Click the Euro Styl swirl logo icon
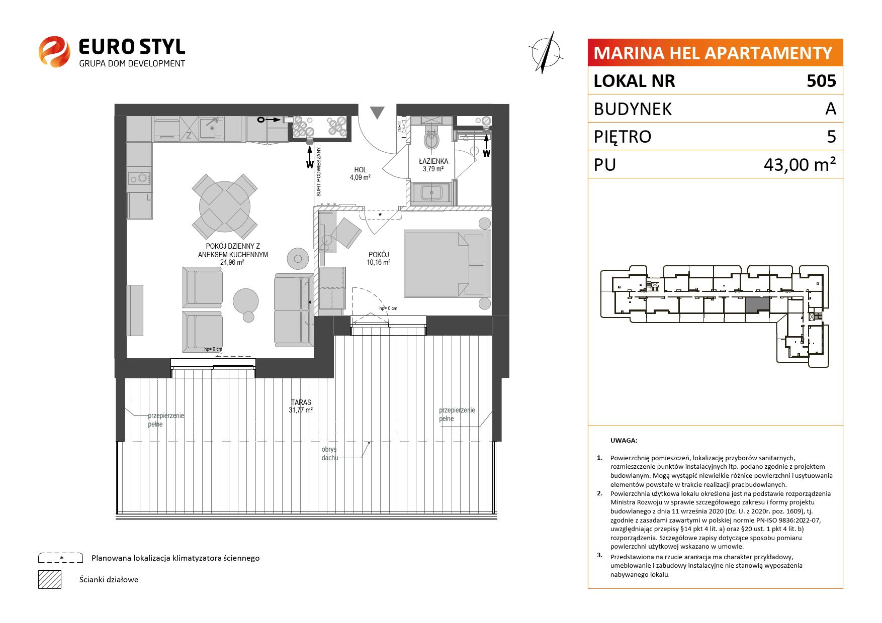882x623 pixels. (54, 51)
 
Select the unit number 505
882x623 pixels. (821, 81)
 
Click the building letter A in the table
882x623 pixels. (831, 109)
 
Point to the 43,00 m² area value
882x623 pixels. (800, 164)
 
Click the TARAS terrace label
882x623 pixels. (301, 402)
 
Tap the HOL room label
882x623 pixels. (360, 170)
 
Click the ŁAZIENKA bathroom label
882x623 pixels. (433, 161)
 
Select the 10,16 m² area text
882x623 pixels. (379, 262)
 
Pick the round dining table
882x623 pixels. (225, 206)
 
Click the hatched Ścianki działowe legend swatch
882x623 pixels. (50, 579)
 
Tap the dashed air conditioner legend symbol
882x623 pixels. (60, 558)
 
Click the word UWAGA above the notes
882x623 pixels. (624, 441)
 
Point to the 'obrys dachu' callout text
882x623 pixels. (330, 454)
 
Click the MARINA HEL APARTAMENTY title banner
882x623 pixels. (715, 53)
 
